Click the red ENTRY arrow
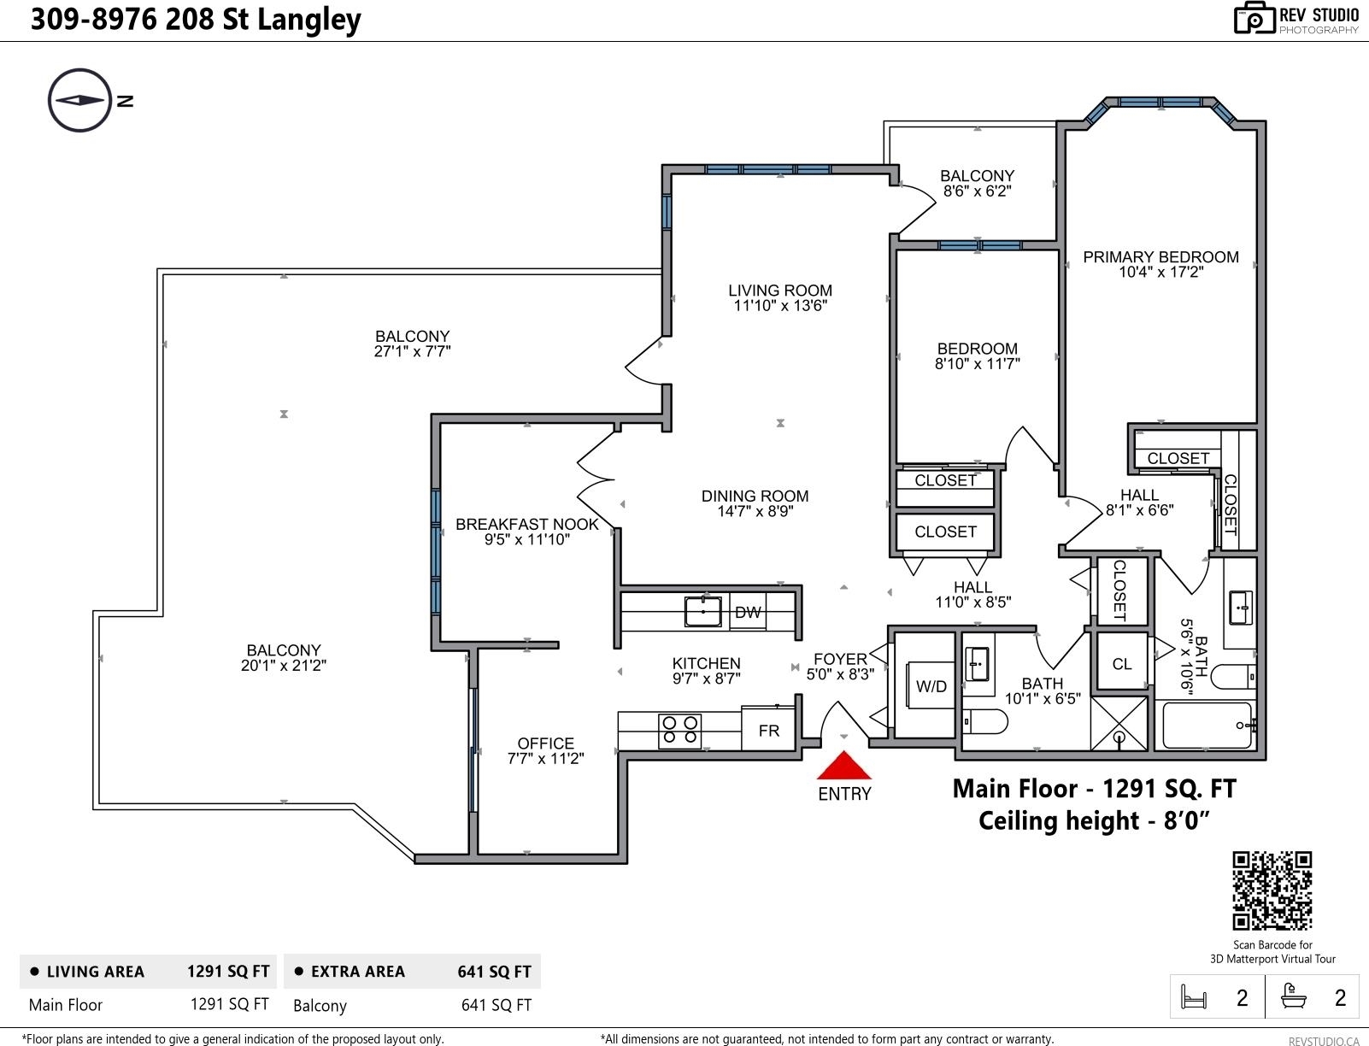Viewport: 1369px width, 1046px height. [x=843, y=766]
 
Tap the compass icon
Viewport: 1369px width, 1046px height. [x=79, y=100]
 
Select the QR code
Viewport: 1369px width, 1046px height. [x=1272, y=890]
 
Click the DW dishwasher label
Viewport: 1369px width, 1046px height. [x=748, y=613]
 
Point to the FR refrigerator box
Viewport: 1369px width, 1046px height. [x=768, y=730]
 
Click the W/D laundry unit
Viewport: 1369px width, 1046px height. [x=931, y=685]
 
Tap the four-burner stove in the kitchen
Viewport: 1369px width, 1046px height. [x=679, y=731]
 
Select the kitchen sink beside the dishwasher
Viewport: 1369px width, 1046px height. [x=703, y=611]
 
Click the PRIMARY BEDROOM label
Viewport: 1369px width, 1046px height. [x=1160, y=257]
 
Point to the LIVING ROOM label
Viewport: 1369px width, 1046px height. [x=780, y=290]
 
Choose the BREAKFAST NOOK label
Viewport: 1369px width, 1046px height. [x=527, y=524]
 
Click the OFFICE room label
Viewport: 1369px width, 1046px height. [x=546, y=743]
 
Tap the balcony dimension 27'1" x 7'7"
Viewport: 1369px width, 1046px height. [x=412, y=352]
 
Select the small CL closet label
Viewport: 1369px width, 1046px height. [x=1122, y=664]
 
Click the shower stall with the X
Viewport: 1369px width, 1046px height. [x=1119, y=724]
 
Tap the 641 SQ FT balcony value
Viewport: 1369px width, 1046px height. [x=496, y=1005]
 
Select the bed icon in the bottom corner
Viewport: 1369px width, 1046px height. [x=1194, y=996]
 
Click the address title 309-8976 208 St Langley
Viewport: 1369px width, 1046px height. [x=196, y=20]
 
